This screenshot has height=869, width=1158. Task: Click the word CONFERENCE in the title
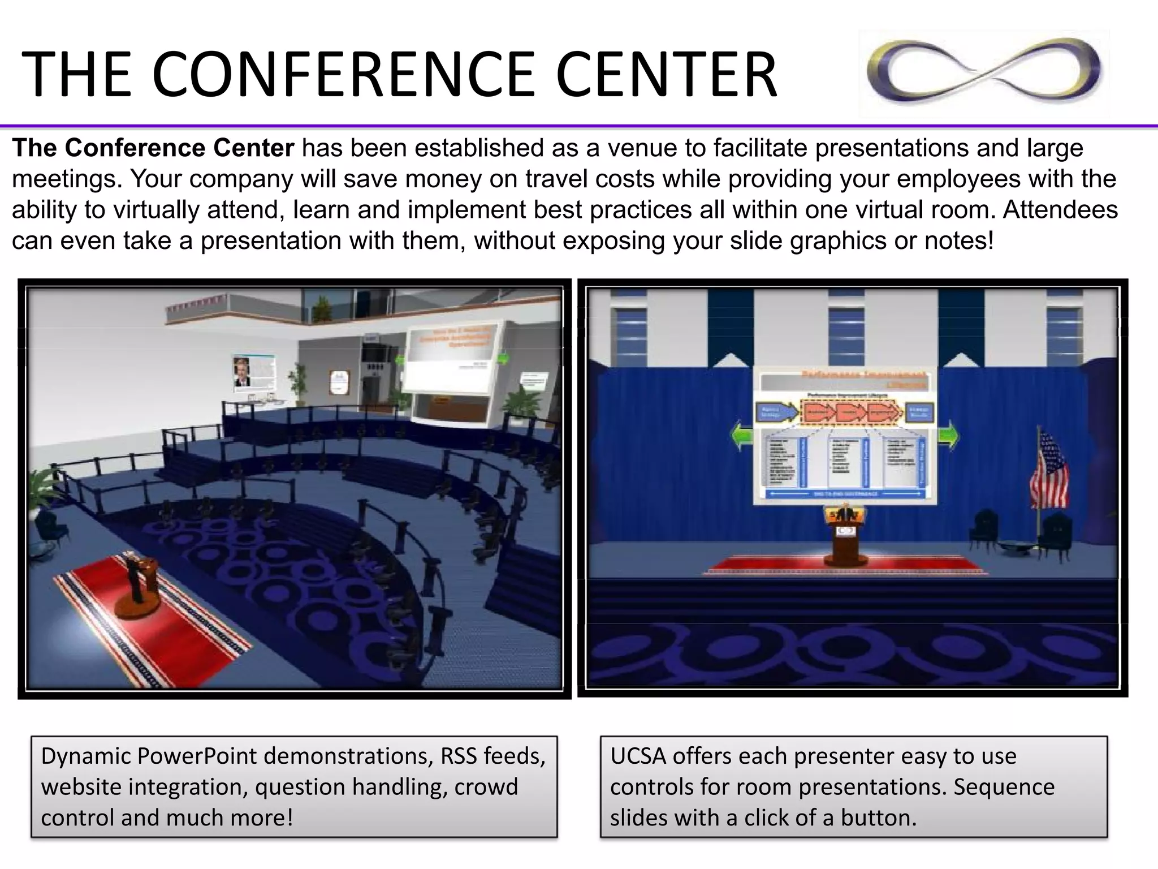(x=343, y=75)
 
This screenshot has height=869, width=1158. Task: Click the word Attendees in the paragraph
(x=1060, y=210)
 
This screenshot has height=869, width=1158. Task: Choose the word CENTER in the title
(x=666, y=75)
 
